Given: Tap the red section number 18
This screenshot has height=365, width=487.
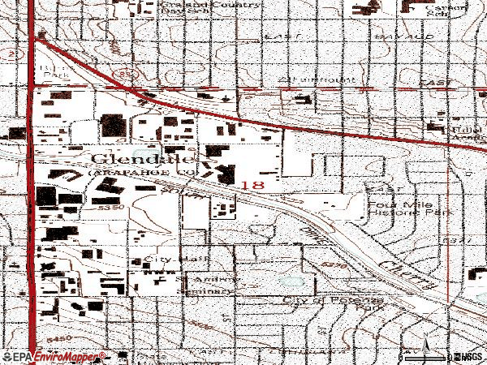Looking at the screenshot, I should tap(252, 185).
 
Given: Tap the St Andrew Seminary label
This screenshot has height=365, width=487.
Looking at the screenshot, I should tap(208, 286).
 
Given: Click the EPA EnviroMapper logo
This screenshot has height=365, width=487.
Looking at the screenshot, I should tap(54, 356).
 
